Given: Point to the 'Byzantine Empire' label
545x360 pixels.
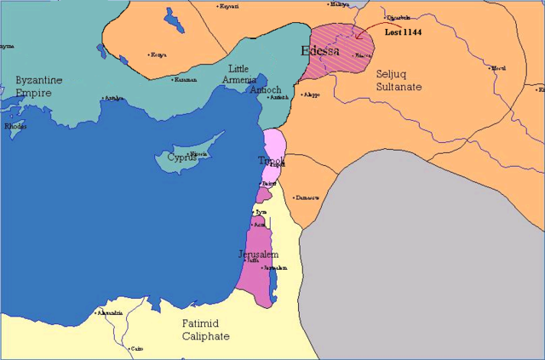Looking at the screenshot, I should point(39,86).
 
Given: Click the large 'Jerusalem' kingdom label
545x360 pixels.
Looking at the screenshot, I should point(258,254).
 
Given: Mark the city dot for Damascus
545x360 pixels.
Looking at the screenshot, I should point(294,197).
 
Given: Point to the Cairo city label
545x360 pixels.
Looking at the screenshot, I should point(136,348).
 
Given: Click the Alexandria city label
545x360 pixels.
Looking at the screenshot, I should point(111,313).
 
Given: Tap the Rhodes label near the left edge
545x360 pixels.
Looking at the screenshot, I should point(15,127).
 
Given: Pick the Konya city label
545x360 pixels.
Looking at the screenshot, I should point(159,55).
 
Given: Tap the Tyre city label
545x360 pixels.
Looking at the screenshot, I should point(261,211).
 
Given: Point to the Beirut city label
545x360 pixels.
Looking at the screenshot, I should point(269,183).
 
